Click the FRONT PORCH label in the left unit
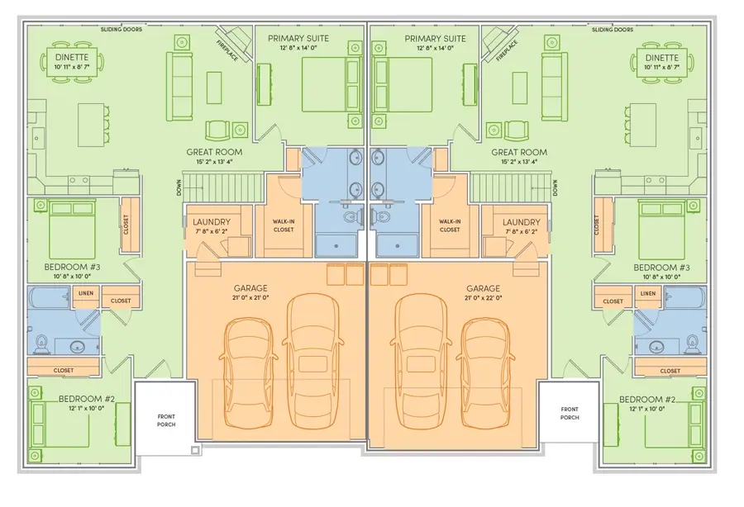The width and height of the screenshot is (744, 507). coord(166,420)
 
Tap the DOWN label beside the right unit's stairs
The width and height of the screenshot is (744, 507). coord(555,188)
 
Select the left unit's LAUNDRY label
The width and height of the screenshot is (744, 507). coord(212,222)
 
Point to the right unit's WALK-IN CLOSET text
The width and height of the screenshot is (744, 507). coord(450,225)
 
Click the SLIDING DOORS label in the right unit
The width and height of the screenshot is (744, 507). coord(612,30)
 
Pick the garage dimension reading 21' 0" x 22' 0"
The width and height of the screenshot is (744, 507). coord(483,298)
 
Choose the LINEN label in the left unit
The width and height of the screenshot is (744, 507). coord(86,293)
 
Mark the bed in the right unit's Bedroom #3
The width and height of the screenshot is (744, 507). coord(662,230)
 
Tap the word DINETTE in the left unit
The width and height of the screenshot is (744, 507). coord(72,57)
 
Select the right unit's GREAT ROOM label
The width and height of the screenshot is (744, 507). coord(519,152)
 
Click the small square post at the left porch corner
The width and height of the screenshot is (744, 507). coord(195,450)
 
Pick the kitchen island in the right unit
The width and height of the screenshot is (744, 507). coord(642,126)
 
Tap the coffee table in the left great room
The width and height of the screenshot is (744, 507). coord(214,88)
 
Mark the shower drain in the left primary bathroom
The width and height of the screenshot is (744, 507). coord(336,246)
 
